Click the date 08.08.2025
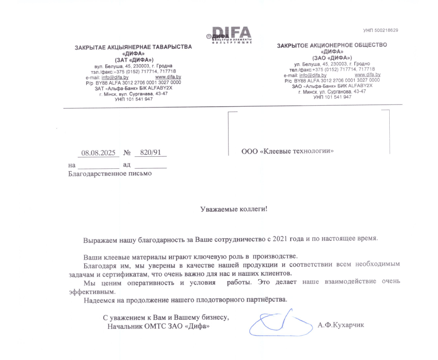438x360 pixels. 99,153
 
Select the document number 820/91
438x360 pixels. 150,153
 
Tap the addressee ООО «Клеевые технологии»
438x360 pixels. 287,152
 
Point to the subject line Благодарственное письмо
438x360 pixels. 110,173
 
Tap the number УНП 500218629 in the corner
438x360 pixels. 381,31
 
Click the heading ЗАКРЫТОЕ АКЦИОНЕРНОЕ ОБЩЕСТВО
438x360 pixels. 332,45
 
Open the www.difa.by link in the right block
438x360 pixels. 367,75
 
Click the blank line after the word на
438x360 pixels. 98,165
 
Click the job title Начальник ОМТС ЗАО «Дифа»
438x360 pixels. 158,326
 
